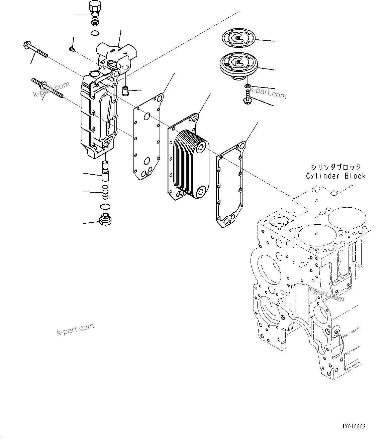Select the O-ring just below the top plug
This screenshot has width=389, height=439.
coord(95,33)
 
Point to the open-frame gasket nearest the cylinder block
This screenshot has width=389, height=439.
coord(230,185)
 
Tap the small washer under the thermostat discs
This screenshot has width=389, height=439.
coord(247,86)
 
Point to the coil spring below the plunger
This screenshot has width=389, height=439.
coord(106,192)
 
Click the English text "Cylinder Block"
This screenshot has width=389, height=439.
coord(335,176)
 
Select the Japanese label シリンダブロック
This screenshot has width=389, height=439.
coord(335,167)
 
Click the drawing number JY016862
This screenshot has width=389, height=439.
coord(354,427)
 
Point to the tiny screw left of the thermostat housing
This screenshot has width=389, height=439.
coord(72,49)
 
